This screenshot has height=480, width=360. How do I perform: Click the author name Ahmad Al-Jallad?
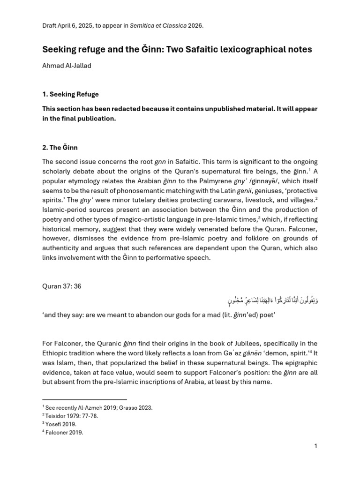67,66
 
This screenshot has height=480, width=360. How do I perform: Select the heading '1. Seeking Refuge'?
70,94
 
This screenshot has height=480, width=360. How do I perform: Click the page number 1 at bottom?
316,446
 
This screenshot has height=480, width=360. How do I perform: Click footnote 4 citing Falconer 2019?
62,433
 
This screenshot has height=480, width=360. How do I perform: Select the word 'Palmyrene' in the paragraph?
210,181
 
